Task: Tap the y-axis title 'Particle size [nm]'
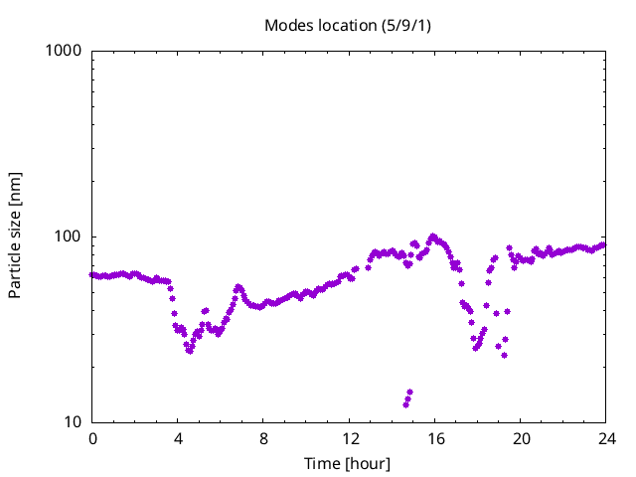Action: [x=16, y=236]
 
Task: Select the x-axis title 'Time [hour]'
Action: [x=347, y=463]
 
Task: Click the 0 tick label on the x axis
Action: [x=92, y=438]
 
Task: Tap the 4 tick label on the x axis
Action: [x=178, y=438]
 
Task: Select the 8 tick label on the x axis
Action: [x=263, y=438]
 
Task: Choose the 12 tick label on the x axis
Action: [x=349, y=438]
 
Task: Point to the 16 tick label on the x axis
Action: [x=434, y=438]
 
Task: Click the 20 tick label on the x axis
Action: [x=520, y=438]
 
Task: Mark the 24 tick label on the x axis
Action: [x=605, y=438]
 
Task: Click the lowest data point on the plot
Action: [x=405, y=404]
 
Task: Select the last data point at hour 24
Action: [x=603, y=244]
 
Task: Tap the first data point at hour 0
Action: [x=92, y=275]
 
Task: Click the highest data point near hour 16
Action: [x=432, y=237]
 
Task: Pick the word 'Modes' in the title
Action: [x=287, y=25]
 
